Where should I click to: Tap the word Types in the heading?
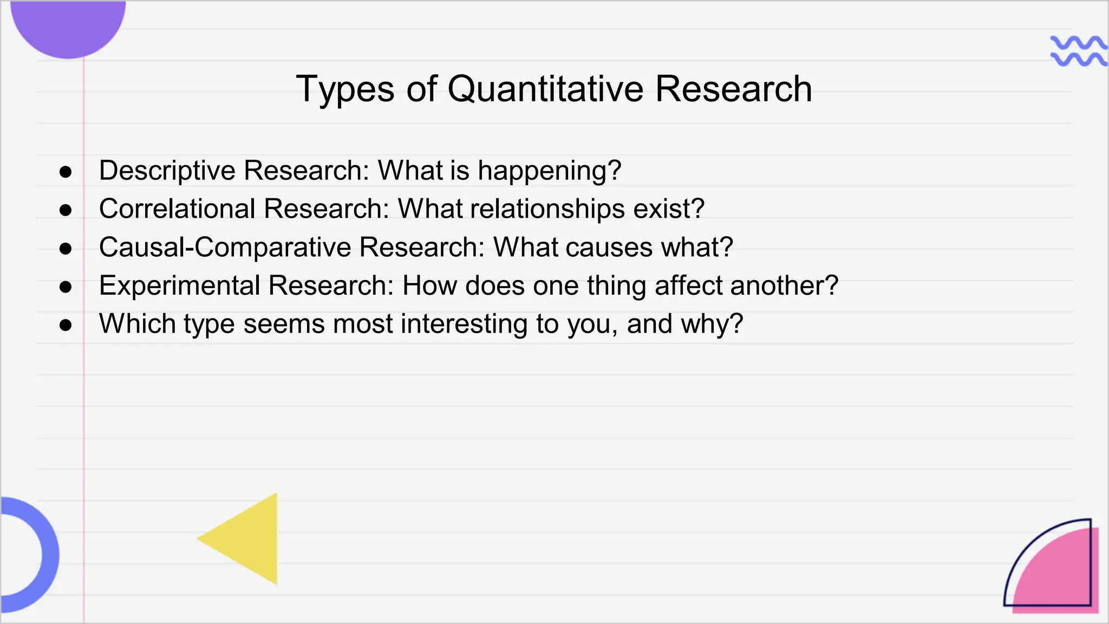[x=345, y=89]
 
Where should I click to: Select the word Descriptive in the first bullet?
[x=167, y=171]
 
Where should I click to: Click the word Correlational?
[x=177, y=209]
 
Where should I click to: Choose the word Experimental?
[x=180, y=285]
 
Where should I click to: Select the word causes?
[x=609, y=248]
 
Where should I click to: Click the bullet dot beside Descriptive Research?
[x=66, y=172]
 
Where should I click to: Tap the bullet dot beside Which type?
[x=66, y=325]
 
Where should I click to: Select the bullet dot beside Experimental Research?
[x=66, y=287]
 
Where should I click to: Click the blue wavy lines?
[x=1078, y=51]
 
